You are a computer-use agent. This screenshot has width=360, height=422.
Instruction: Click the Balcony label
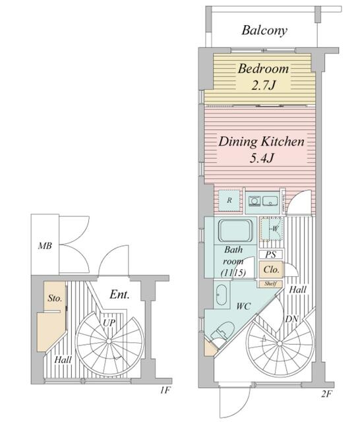(x=264, y=30)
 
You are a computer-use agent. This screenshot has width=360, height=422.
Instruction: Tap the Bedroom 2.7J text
(x=263, y=77)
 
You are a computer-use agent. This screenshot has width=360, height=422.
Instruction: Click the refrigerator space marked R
(x=229, y=200)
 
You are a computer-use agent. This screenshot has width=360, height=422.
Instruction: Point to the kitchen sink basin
(x=270, y=201)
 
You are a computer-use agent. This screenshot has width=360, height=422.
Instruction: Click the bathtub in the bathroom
(x=235, y=231)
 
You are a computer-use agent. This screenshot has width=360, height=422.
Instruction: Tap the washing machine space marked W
(x=271, y=229)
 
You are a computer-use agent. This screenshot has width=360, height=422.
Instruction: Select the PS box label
(x=271, y=255)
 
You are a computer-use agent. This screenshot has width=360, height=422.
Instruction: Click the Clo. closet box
(x=271, y=270)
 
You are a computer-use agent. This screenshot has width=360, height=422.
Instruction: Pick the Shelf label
(x=270, y=284)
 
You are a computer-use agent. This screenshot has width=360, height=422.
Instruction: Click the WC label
(x=244, y=306)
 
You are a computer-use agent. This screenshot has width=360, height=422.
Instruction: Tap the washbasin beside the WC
(x=222, y=295)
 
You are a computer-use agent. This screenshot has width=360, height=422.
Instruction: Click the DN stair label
(x=291, y=319)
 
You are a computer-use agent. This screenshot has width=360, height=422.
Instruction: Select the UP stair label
(x=109, y=322)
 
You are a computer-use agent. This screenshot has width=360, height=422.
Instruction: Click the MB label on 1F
(x=45, y=246)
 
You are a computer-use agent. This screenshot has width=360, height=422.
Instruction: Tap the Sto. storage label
(x=55, y=298)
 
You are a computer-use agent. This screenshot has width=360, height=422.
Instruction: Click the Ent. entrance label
(x=119, y=295)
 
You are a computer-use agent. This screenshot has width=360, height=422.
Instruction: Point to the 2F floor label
(x=326, y=394)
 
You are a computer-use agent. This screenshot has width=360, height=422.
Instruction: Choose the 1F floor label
(x=165, y=390)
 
